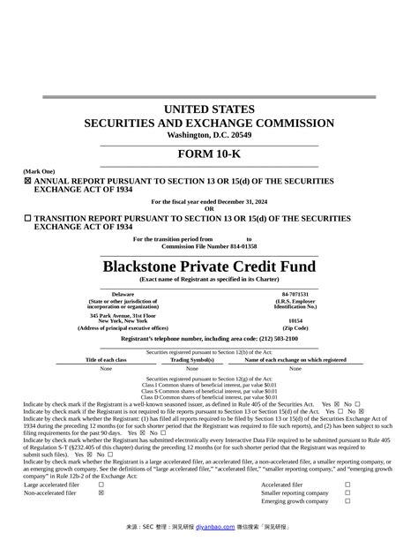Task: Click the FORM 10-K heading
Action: (209, 153)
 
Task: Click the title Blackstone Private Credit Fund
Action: (209, 266)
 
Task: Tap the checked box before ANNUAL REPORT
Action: (27, 181)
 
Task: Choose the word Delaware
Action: (123, 293)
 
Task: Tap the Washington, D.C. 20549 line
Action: (209, 135)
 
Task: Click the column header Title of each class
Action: (106, 360)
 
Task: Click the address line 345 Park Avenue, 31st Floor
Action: (123, 315)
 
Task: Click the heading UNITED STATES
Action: (209, 109)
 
